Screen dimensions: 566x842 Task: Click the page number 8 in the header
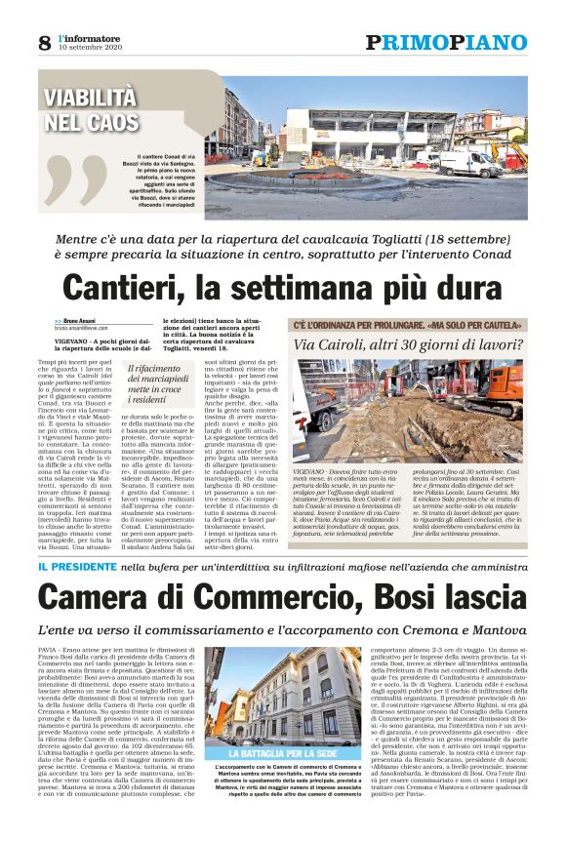point(44,42)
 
